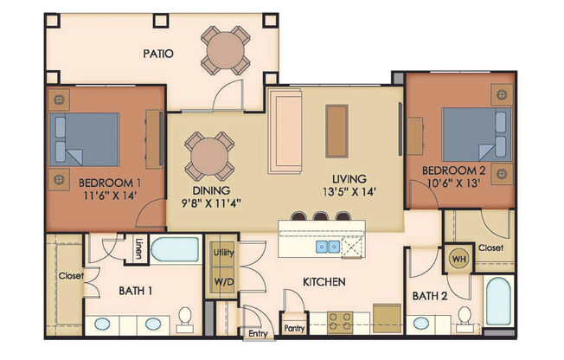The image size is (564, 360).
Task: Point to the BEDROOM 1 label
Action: pos(110,183)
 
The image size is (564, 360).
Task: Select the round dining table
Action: pos(207,157)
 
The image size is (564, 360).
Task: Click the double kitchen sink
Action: pos(328,247)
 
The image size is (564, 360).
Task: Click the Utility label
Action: pos(223,252)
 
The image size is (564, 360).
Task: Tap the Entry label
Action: pos(258,332)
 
